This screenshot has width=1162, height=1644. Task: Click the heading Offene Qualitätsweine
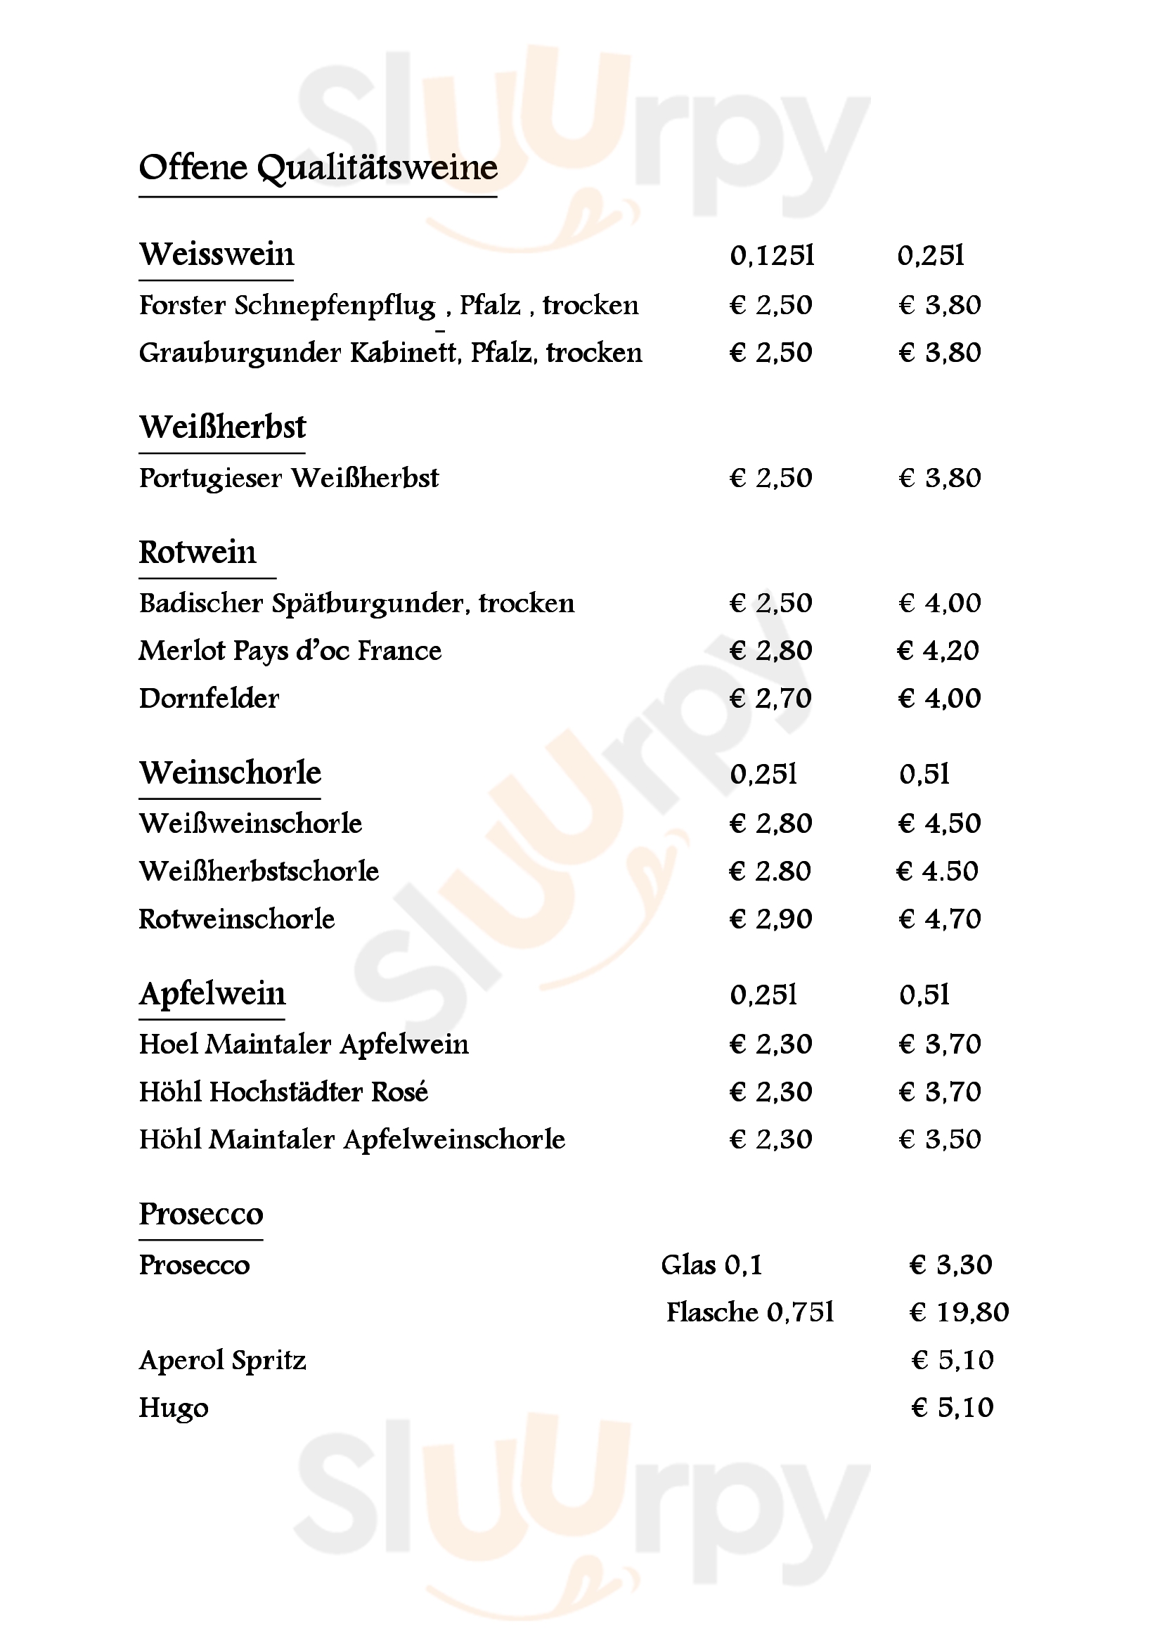tap(318, 168)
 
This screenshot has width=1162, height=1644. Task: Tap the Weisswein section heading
tap(217, 255)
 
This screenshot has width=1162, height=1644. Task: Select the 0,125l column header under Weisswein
tap(772, 256)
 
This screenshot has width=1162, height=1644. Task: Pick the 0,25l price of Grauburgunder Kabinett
tap(939, 353)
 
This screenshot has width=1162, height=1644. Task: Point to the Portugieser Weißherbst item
tap(288, 479)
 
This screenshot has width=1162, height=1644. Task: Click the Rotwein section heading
tap(198, 552)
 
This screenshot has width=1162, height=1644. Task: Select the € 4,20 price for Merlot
tap(938, 651)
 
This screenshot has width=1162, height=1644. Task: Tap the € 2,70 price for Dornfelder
tap(770, 699)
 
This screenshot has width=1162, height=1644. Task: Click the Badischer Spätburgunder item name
tap(356, 604)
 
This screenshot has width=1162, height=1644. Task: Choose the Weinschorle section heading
tap(230, 773)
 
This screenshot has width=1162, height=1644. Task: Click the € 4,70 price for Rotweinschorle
tap(939, 919)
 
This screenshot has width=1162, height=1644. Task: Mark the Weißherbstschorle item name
tap(259, 872)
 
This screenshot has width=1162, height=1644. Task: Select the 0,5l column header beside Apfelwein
tap(924, 995)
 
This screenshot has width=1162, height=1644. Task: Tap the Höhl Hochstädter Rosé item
tap(283, 1092)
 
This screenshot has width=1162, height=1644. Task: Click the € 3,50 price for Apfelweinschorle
tap(939, 1140)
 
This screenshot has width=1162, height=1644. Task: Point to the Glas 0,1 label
tap(711, 1265)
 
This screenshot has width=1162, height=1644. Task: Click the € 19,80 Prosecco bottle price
tap(959, 1312)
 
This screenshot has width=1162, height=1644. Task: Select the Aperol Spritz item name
tap(223, 1361)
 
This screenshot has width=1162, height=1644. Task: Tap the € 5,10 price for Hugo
tap(953, 1408)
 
